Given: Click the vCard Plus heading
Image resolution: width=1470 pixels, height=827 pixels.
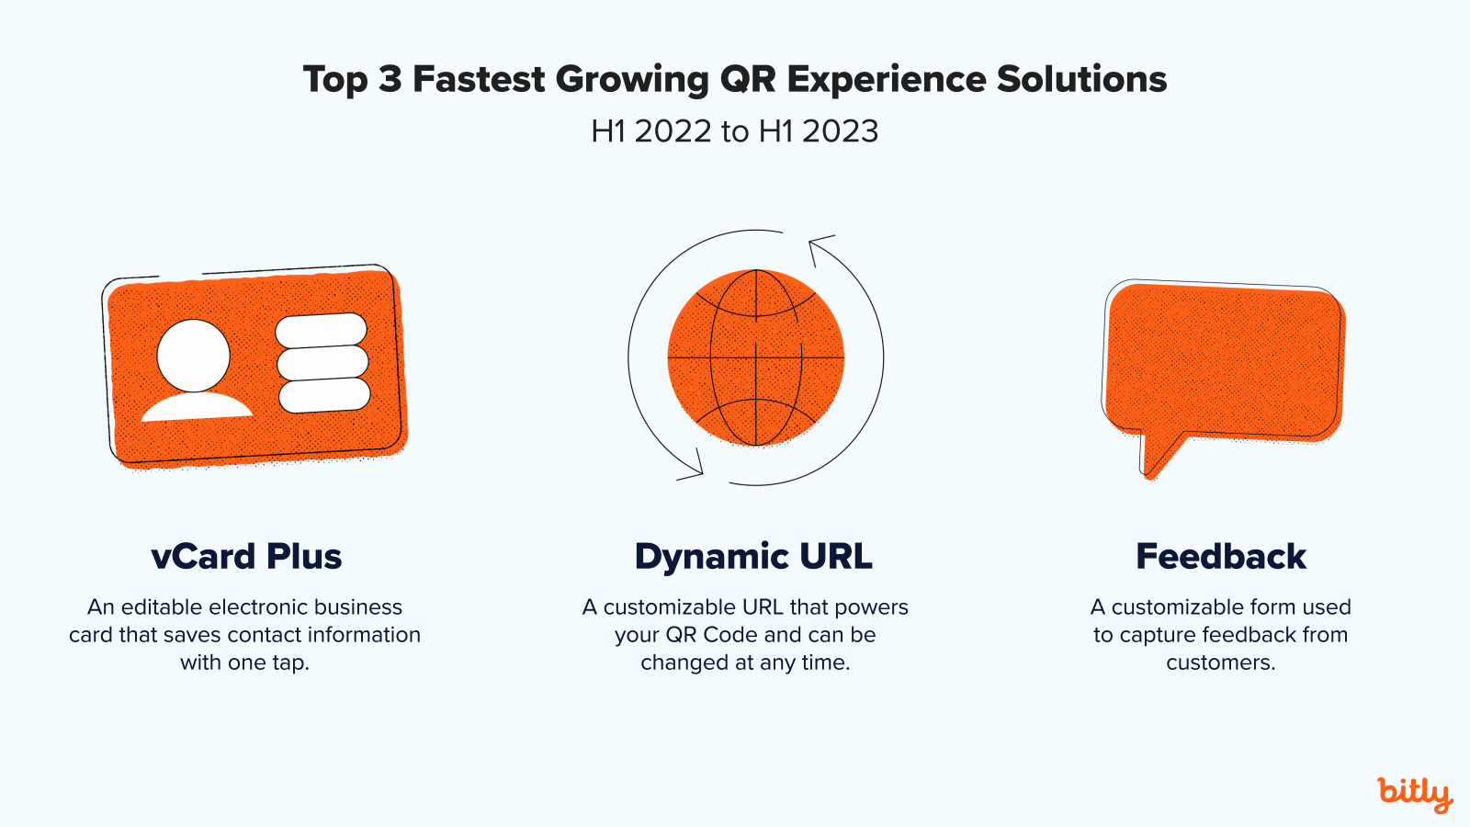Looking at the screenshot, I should [246, 557].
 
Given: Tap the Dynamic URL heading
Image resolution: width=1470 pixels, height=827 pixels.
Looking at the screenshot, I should [753, 557].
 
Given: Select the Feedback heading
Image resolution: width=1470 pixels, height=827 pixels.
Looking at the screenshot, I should [1221, 557].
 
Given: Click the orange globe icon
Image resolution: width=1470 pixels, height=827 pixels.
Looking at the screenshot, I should [755, 357].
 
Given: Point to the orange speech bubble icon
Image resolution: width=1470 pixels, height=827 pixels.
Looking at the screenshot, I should [1222, 363].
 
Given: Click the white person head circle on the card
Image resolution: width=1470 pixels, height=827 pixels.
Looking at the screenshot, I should [193, 355].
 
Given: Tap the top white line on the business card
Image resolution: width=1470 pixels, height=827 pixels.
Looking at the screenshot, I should [321, 330].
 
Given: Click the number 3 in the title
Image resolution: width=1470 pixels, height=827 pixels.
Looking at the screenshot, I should [390, 80].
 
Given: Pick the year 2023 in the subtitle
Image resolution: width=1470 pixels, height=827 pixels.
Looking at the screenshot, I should [840, 131].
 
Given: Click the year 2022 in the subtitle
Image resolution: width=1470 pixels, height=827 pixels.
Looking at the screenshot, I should [673, 131].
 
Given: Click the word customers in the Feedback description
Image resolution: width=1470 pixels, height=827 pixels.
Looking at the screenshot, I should [1219, 663].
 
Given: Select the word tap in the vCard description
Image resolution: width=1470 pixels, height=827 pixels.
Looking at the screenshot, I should [288, 663].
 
